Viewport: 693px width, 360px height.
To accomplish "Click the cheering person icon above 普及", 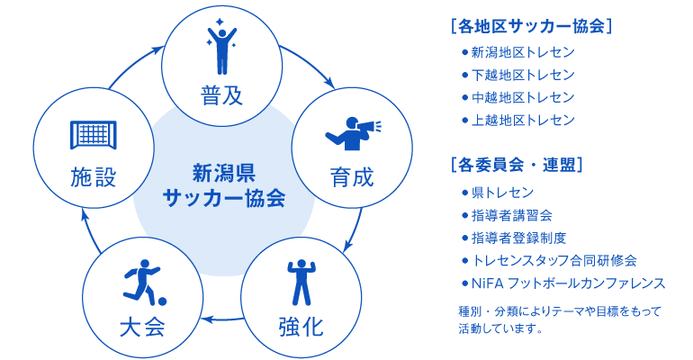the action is tap(221, 48).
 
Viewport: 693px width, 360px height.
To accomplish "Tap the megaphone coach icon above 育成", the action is tap(353, 134).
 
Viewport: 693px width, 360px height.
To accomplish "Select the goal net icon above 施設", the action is tap(94, 135).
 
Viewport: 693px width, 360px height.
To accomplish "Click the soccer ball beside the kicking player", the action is tap(162, 301).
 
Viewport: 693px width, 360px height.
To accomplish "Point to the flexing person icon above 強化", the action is tap(301, 283).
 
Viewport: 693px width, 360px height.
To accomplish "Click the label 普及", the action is tap(222, 95).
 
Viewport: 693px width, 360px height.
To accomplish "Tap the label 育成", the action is tap(352, 176).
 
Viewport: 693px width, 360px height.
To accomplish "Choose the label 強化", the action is tap(301, 328).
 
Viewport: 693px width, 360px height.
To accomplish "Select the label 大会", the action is tap(142, 328).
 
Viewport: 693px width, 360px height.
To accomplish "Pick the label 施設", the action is tap(94, 176).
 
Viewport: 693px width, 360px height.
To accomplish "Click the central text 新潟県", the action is tap(224, 173).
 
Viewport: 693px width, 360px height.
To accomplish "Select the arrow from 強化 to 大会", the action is tap(224, 319).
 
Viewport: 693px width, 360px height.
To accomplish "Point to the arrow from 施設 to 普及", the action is tap(133, 65).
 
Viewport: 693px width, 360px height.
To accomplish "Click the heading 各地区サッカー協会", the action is tap(532, 26).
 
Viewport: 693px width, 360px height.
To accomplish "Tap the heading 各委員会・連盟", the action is tap(517, 166).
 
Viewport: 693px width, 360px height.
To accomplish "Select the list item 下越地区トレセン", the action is tap(523, 75).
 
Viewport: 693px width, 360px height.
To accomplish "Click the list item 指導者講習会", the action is tap(512, 216).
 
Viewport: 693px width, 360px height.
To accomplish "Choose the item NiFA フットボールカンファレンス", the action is tap(569, 283).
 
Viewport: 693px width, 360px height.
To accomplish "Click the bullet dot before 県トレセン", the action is tap(464, 193).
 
